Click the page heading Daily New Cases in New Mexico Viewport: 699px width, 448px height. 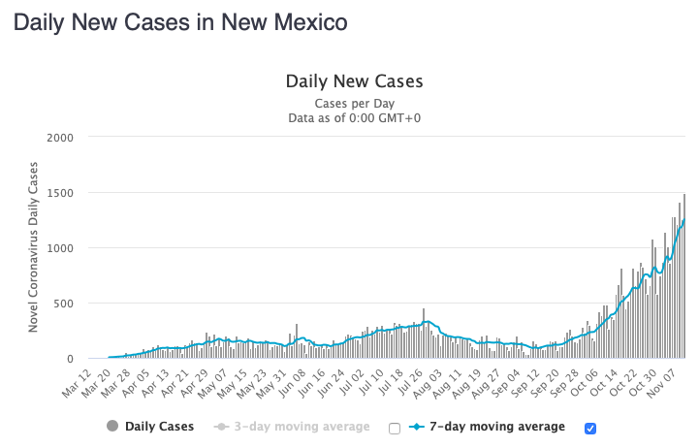[179, 20]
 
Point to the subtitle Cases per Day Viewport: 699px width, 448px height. [354, 103]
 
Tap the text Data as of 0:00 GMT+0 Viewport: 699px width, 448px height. [354, 118]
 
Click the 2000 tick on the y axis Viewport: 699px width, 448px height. [59, 137]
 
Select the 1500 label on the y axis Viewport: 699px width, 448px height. [59, 192]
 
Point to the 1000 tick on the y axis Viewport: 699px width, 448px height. [59, 248]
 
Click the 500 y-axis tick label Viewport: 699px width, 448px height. [63, 304]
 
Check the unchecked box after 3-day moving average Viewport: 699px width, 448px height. [394, 428]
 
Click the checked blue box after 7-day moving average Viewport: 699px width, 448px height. [591, 428]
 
